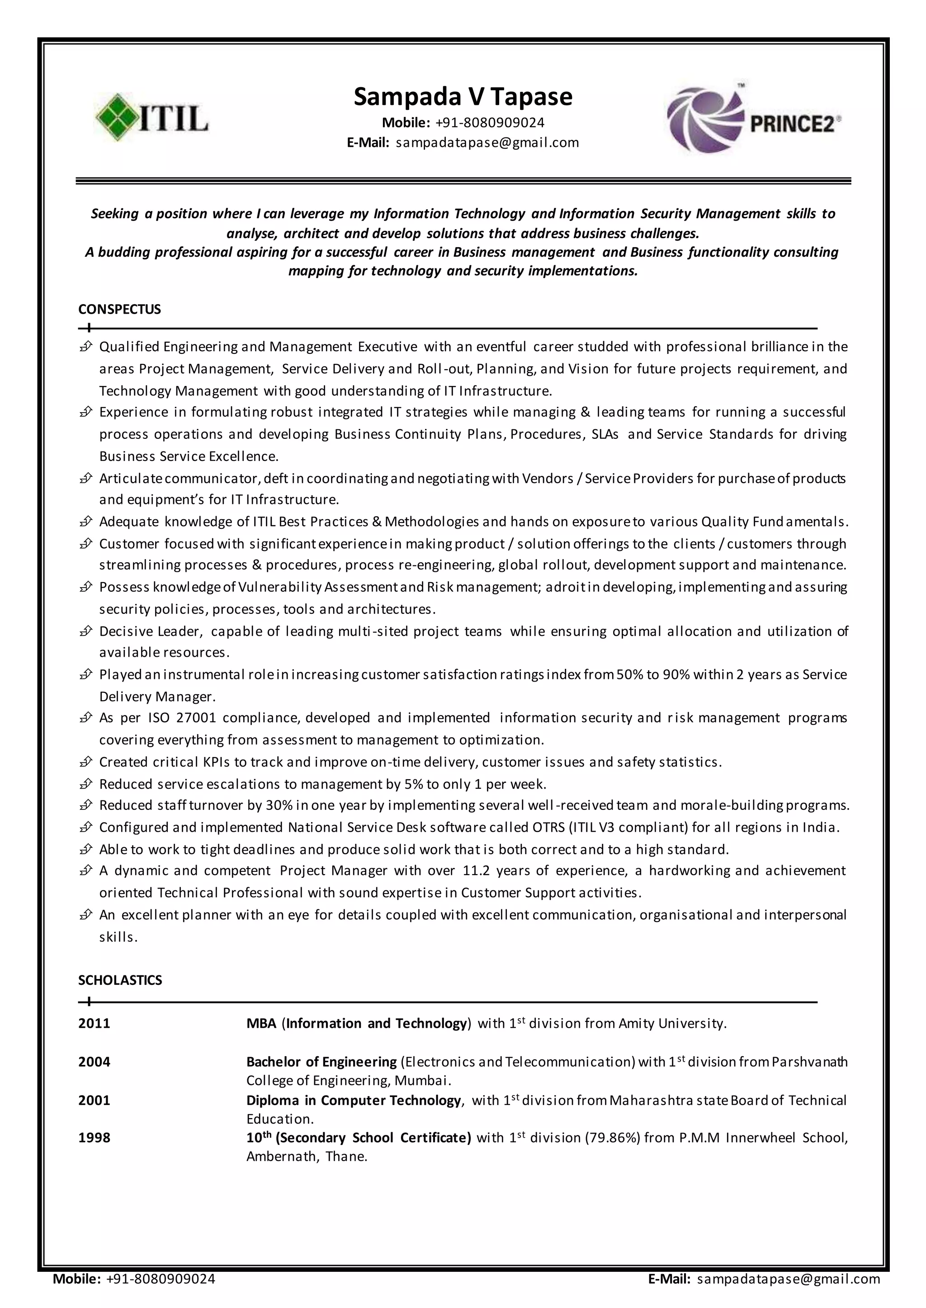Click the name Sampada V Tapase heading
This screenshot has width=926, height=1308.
(x=463, y=96)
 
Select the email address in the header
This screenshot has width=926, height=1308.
(x=487, y=142)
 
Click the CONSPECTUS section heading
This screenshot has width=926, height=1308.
(x=119, y=310)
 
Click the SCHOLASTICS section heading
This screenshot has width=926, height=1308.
(x=120, y=980)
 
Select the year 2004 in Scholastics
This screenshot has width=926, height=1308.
(x=94, y=1062)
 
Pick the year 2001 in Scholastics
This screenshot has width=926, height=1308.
(x=94, y=1101)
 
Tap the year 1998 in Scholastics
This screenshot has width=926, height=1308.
(x=94, y=1138)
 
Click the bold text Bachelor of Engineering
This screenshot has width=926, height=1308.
(x=321, y=1062)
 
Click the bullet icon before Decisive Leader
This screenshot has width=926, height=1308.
(x=85, y=631)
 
